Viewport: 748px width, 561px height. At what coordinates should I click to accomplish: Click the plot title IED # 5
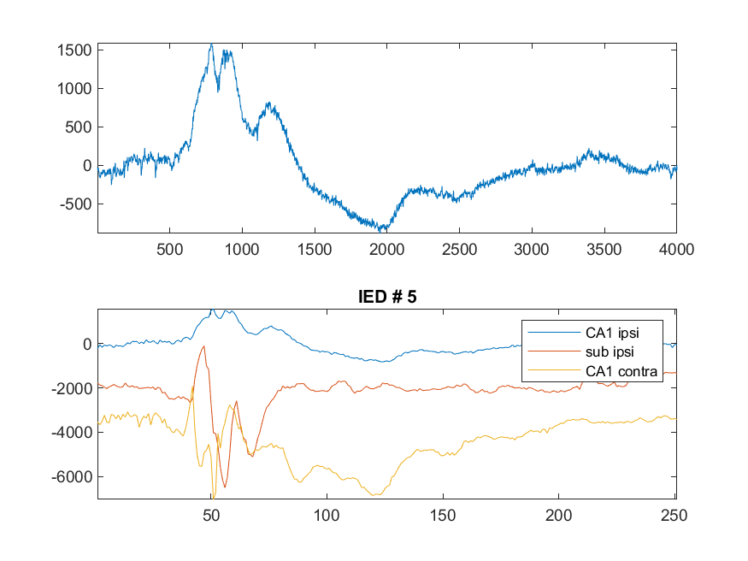[x=387, y=297]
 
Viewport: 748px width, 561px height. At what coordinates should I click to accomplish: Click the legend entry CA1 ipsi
[x=612, y=333]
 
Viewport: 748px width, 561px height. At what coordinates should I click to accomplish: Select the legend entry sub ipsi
[x=610, y=351]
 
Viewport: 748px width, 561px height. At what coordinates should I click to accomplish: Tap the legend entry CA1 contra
[x=621, y=371]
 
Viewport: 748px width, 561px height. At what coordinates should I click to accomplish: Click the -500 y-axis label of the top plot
[x=75, y=204]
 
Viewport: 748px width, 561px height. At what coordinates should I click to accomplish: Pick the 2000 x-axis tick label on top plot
[x=387, y=250]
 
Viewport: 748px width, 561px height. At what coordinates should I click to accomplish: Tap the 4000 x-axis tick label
[x=676, y=250]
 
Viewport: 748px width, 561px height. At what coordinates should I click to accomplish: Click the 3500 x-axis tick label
[x=604, y=250]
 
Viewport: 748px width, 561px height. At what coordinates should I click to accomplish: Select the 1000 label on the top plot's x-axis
[x=242, y=250]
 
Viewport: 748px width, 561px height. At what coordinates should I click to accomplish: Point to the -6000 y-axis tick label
[x=72, y=476]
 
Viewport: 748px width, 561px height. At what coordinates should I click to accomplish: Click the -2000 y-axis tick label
[x=72, y=388]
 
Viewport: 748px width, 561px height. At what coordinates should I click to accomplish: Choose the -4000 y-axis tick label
[x=72, y=432]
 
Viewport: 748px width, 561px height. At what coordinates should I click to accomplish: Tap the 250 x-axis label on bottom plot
[x=674, y=515]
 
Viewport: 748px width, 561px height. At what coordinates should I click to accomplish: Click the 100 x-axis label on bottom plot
[x=327, y=515]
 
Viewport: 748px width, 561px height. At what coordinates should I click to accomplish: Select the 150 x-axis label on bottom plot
[x=443, y=515]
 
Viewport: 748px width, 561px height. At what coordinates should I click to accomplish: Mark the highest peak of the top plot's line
[x=212, y=44]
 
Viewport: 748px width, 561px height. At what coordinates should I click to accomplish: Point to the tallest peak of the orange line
[x=204, y=346]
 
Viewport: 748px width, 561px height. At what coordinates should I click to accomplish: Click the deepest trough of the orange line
[x=225, y=487]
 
